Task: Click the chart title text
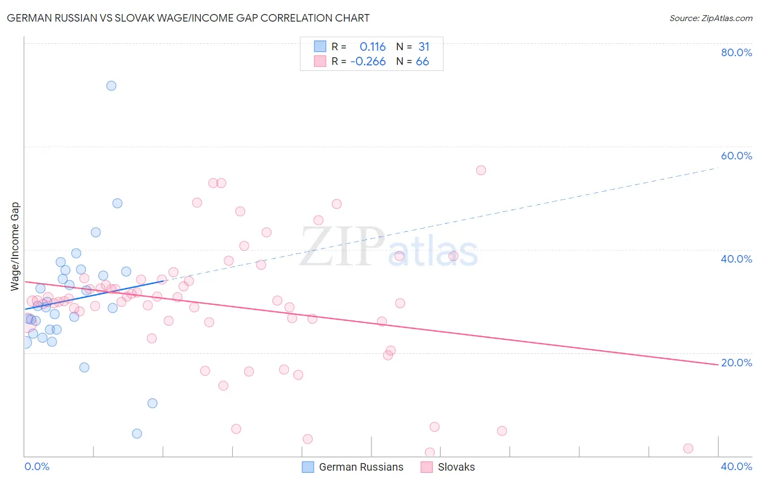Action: click(x=188, y=18)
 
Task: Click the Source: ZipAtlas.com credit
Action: click(x=710, y=18)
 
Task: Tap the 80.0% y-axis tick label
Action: click(x=736, y=52)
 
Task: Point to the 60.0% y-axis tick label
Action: click(x=736, y=156)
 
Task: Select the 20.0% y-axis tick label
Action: click(x=736, y=363)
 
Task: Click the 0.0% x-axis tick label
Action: click(x=37, y=466)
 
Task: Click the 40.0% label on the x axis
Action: click(x=736, y=466)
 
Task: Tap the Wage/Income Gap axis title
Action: click(x=15, y=246)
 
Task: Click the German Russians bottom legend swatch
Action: click(x=308, y=467)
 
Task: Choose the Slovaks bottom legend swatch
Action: click(x=426, y=467)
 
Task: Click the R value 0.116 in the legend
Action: click(x=372, y=47)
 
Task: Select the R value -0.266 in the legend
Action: click(x=368, y=62)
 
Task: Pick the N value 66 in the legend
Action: click(x=422, y=62)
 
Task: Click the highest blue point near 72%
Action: click(x=111, y=85)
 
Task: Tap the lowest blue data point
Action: click(x=137, y=433)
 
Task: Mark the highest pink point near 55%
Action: click(x=481, y=170)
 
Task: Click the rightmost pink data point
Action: click(x=688, y=448)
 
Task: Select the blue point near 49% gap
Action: click(x=117, y=203)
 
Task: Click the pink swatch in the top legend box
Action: click(x=320, y=61)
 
